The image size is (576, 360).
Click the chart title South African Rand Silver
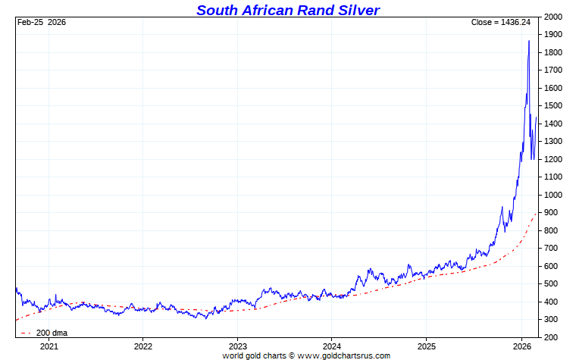288,10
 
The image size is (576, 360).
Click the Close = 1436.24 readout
500,22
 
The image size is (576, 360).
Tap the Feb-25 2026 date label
42,22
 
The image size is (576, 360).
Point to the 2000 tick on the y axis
553,17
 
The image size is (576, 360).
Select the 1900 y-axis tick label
553,35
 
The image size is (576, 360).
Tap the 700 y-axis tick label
551,249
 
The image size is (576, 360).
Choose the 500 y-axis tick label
551,284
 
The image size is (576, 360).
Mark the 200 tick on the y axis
551,337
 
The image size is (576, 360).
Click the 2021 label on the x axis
49,346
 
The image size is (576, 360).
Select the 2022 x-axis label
143,346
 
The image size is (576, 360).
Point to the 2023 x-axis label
237,346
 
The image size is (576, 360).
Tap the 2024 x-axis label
332,346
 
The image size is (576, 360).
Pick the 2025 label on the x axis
427,346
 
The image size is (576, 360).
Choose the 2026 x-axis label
521,346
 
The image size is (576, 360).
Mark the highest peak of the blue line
528,41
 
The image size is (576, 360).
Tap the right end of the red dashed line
537,213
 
